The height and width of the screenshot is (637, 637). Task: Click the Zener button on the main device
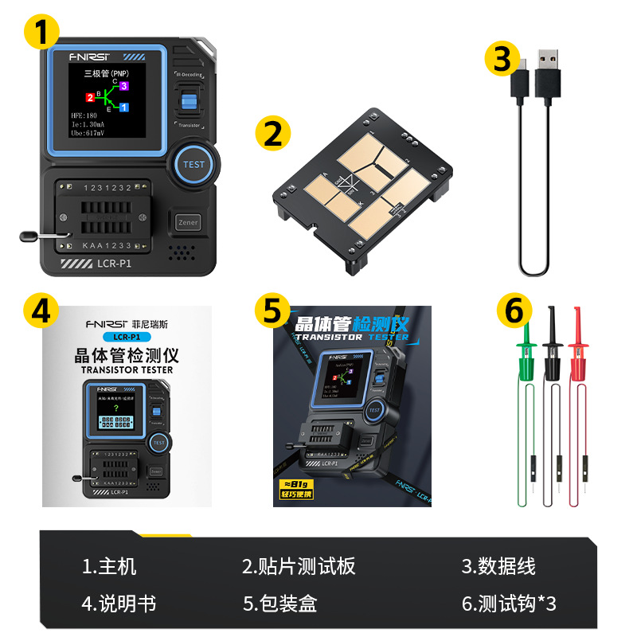click(188, 222)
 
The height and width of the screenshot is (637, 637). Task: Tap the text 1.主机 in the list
click(109, 566)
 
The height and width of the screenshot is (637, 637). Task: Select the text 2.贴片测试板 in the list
click(299, 566)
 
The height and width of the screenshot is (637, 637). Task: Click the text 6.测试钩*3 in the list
click(509, 604)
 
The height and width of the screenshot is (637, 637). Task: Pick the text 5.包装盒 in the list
click(280, 604)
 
